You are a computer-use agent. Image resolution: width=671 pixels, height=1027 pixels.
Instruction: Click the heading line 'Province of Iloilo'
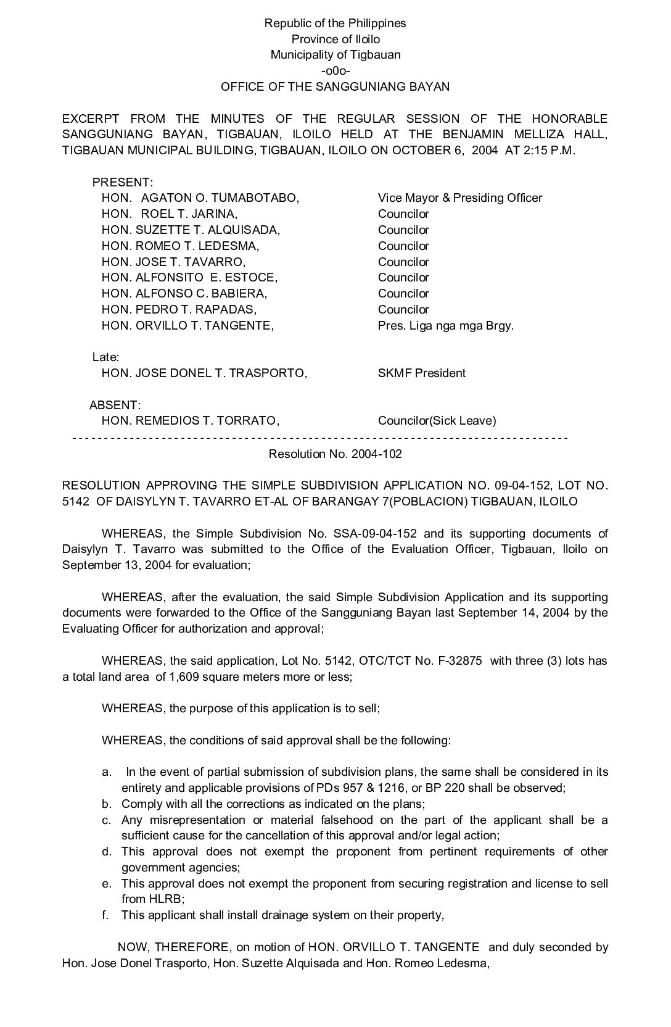click(x=335, y=39)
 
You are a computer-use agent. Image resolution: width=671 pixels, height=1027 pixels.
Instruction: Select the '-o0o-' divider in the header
click(x=335, y=70)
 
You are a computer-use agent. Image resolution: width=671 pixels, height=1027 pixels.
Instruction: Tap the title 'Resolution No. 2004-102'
click(x=335, y=454)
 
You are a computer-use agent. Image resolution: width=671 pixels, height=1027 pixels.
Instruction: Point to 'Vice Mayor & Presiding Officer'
click(x=460, y=198)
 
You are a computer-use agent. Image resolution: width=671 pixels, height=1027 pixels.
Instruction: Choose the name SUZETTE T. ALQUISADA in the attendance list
click(x=207, y=230)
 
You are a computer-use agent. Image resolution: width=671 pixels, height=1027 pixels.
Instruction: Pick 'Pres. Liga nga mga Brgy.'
click(x=445, y=325)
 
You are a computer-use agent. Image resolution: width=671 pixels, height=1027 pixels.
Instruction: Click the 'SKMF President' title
click(x=422, y=373)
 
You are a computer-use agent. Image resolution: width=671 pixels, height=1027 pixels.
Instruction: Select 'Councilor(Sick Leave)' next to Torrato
click(x=437, y=421)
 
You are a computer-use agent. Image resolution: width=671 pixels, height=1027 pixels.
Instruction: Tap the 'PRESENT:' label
click(x=123, y=182)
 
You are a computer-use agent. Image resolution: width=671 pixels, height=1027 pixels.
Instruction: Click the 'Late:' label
click(x=105, y=357)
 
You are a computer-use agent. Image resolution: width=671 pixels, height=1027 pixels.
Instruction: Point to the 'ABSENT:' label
click(x=115, y=405)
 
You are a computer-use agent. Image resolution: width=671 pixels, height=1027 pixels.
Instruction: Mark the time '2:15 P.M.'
click(x=549, y=151)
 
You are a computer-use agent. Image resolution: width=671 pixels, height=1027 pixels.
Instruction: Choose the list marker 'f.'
click(x=105, y=915)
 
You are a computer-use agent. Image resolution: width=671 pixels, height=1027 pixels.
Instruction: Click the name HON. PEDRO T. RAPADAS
click(x=179, y=309)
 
